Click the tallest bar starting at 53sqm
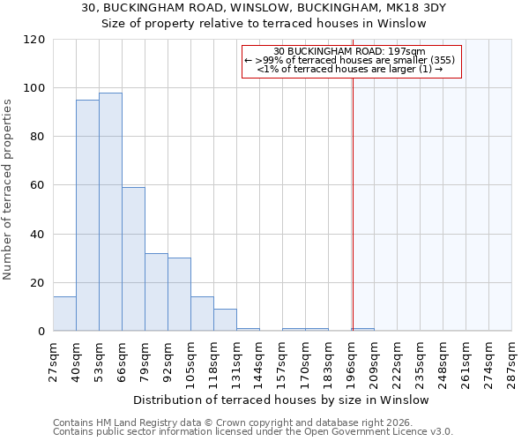[110, 212]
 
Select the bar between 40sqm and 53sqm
[87, 215]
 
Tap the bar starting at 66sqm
[133, 259]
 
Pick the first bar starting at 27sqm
[64, 314]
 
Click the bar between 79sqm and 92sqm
[156, 292]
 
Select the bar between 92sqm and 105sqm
[179, 295]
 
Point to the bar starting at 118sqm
[225, 320]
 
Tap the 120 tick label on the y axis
[34, 40]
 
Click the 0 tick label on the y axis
[41, 332]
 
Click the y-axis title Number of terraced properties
[9, 190]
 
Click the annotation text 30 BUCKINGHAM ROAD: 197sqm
[350, 51]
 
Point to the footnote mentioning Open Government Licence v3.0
[253, 432]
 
